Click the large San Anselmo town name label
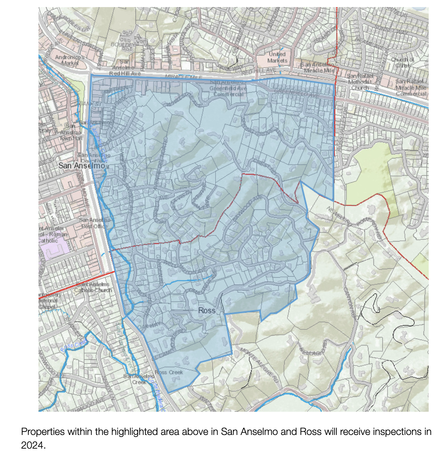point(82,166)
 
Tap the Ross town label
point(207,310)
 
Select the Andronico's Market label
point(69,60)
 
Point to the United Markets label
point(277,57)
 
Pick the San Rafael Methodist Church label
point(360,82)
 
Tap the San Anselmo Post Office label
point(95,223)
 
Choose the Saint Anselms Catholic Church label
point(93,287)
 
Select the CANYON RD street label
point(349,302)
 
